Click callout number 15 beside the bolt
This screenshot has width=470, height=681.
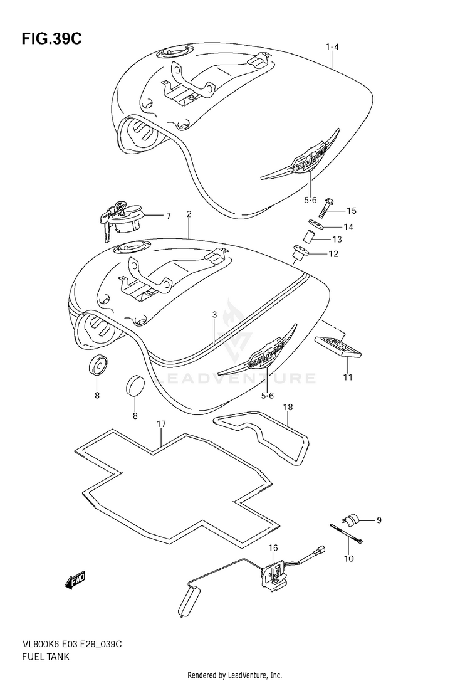[x=350, y=210]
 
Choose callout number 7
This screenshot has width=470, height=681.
[x=168, y=216]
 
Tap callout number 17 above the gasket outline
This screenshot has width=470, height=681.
[x=161, y=425]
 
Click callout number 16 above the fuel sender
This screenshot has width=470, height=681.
[x=273, y=548]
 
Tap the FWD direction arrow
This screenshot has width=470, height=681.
[x=74, y=580]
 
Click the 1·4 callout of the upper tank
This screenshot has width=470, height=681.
[x=332, y=47]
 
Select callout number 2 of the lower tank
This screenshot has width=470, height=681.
[x=189, y=214]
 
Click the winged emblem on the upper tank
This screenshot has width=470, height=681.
[x=301, y=154]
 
